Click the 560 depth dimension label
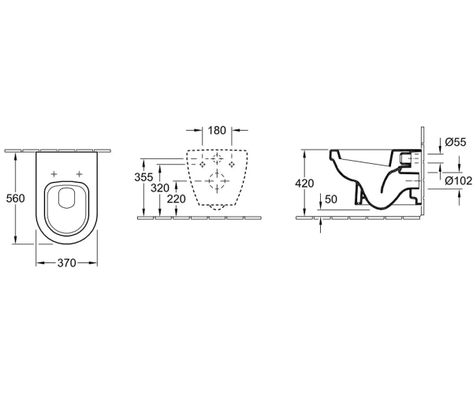tap(16, 199)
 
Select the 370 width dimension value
tap(66, 263)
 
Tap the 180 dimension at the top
tap(217, 130)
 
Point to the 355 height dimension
tap(143, 177)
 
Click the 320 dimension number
tap(160, 188)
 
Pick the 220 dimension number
tap(176, 199)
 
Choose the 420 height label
tap(304, 184)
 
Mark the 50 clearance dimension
tap(330, 199)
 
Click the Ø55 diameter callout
tap(456, 142)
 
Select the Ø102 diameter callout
tap(459, 180)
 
